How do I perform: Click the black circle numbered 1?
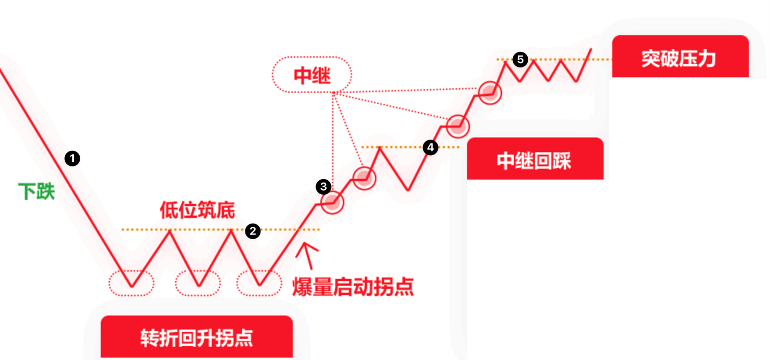click(x=72, y=158)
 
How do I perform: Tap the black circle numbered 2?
click(x=252, y=231)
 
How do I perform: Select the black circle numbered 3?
click(x=323, y=187)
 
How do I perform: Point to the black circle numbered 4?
click(x=430, y=147)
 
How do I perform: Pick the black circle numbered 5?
click(x=520, y=59)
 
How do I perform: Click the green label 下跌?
click(x=36, y=191)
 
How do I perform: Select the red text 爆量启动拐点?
click(x=353, y=287)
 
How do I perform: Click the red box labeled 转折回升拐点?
click(x=196, y=337)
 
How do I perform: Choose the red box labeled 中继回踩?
click(x=535, y=160)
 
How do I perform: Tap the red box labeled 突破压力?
click(x=679, y=57)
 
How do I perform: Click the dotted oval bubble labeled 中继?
click(x=312, y=75)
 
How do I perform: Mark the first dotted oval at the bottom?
click(x=132, y=282)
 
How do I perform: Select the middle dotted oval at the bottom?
click(x=198, y=282)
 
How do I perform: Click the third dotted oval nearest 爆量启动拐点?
click(x=259, y=282)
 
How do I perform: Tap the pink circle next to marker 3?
click(x=332, y=202)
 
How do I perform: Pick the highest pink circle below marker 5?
click(x=489, y=93)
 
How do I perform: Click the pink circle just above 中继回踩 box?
click(x=457, y=126)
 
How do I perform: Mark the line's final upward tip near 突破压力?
click(x=590, y=50)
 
